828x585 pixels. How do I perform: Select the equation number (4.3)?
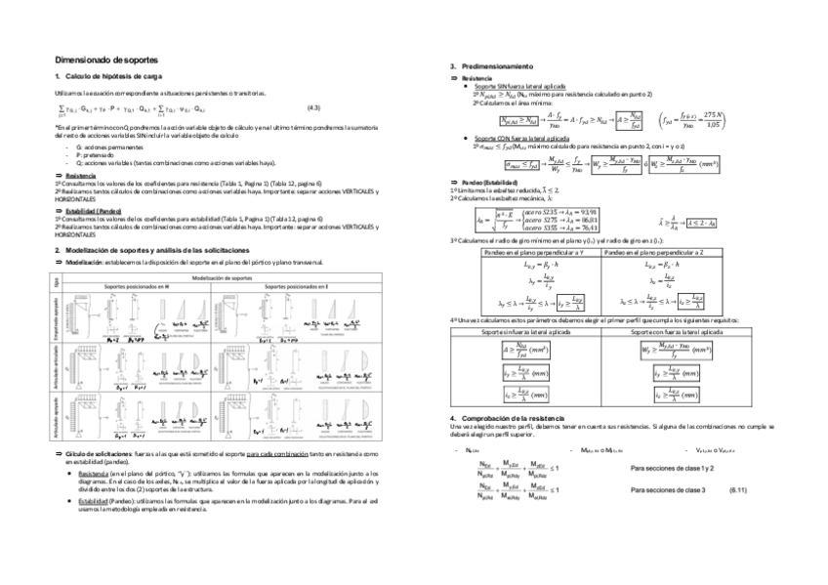point(315,106)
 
